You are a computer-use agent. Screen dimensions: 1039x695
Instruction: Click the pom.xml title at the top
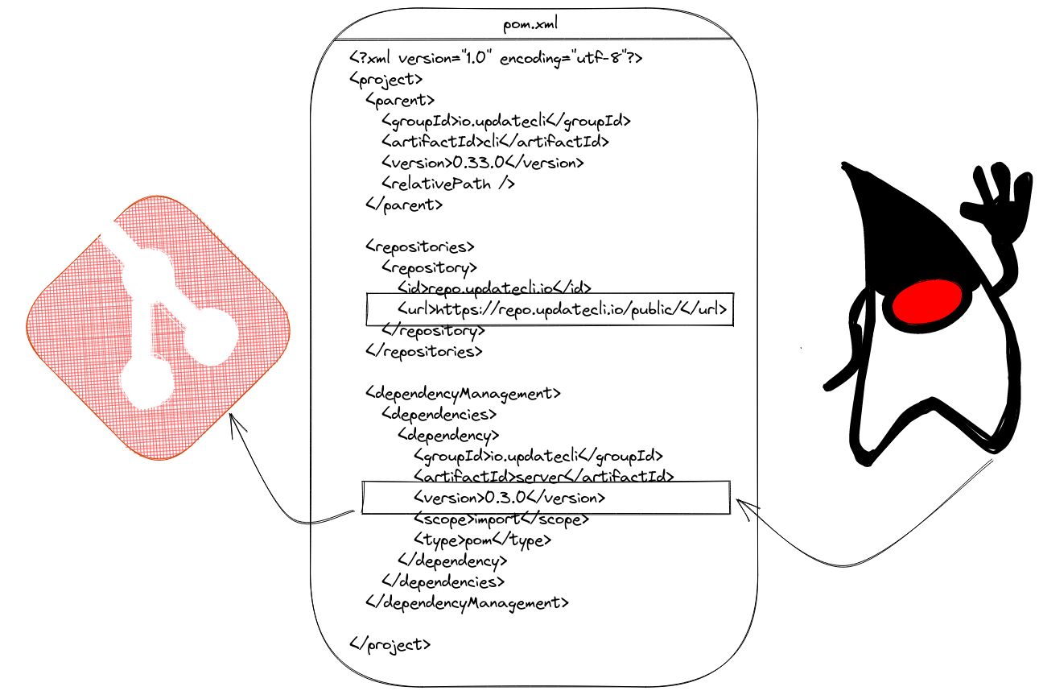tap(530, 23)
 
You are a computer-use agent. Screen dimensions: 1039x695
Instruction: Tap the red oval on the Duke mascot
tap(926, 301)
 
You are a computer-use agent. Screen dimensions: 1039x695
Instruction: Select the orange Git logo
tap(159, 328)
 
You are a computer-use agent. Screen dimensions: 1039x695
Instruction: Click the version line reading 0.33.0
tap(482, 163)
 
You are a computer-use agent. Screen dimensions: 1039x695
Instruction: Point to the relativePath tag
tap(448, 184)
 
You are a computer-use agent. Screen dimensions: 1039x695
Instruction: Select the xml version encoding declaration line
tap(496, 58)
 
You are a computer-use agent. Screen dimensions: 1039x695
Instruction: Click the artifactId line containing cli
tap(495, 141)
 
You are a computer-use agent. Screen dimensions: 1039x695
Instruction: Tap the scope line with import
tap(501, 519)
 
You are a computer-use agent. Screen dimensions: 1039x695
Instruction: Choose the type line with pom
tap(482, 540)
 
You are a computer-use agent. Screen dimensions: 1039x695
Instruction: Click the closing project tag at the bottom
tap(390, 645)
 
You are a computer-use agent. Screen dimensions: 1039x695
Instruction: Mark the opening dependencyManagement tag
tap(463, 394)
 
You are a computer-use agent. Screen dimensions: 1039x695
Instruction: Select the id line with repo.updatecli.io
tap(494, 288)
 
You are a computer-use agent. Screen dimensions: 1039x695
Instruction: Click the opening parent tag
tap(400, 100)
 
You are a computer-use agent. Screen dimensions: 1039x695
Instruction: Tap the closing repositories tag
tap(424, 351)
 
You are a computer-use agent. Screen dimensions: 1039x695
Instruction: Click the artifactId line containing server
tap(543, 477)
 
